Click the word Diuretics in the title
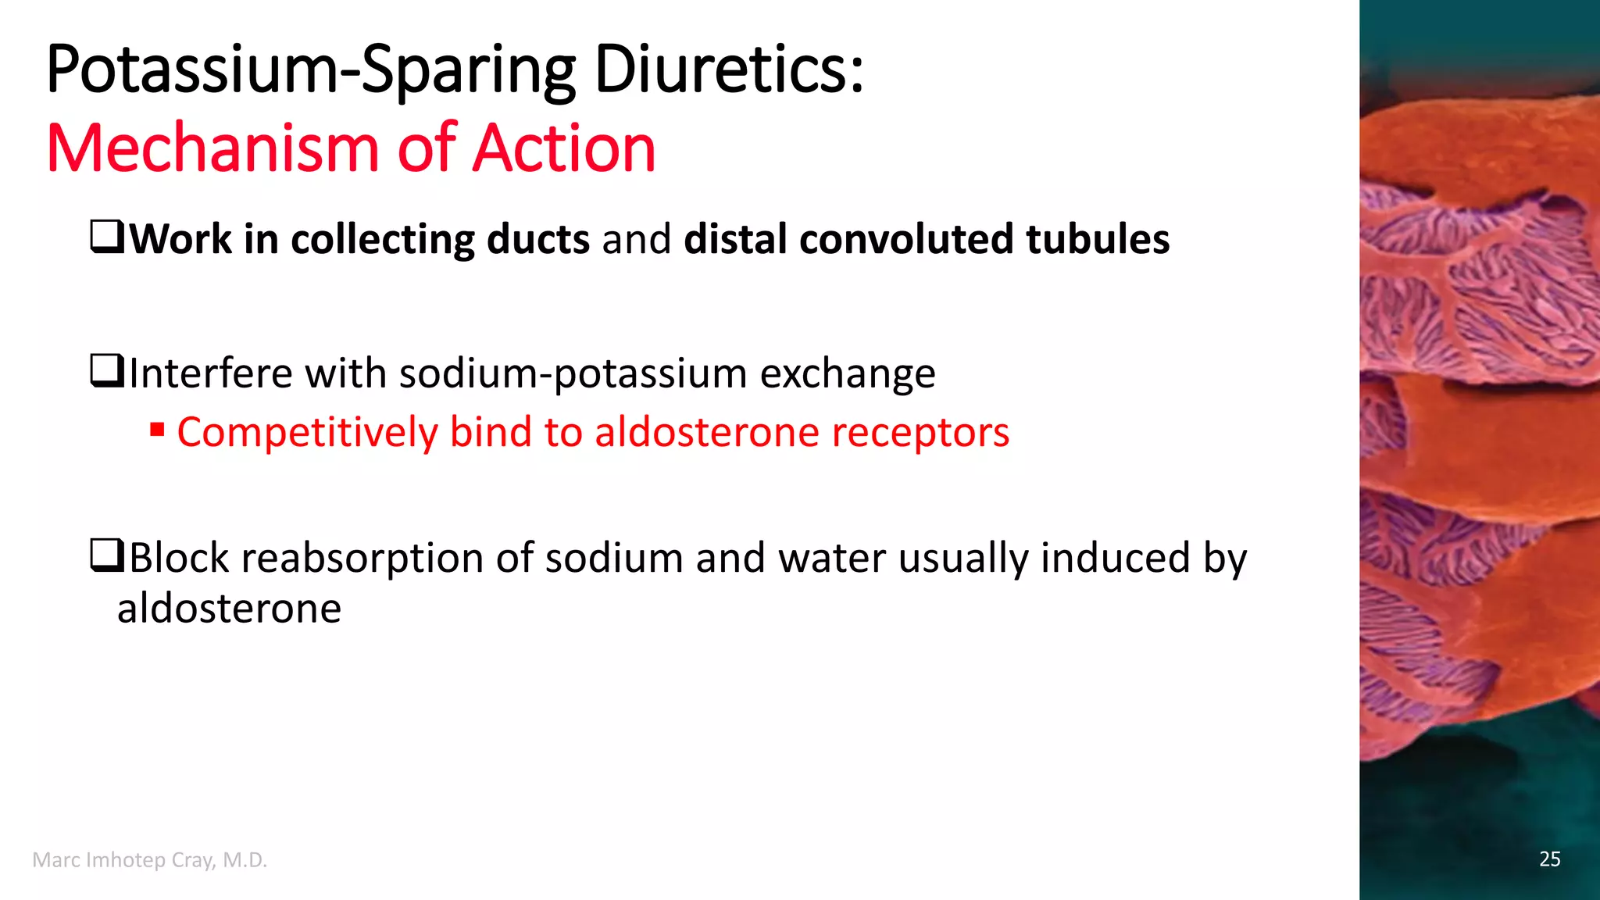click(728, 70)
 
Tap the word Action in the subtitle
click(564, 148)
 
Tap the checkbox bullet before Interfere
click(107, 371)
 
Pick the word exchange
click(848, 374)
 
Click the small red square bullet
click(157, 430)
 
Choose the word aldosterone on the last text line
click(229, 609)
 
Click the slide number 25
click(1549, 859)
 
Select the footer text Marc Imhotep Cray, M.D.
click(150, 860)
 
